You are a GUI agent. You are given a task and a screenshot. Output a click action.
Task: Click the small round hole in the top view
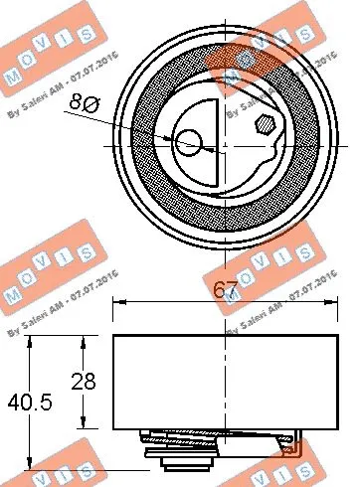tap(188, 145)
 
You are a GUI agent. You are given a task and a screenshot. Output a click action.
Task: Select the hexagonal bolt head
tap(266, 126)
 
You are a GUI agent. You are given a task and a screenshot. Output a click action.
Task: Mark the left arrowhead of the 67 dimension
tap(117, 305)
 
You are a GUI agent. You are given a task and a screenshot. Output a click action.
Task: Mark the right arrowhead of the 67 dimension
tap(335, 305)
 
